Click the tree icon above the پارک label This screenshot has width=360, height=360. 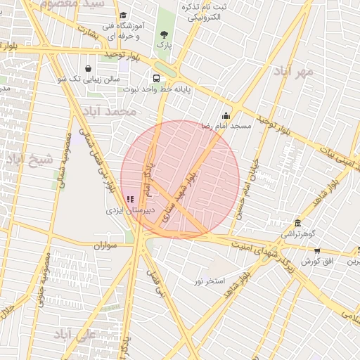[x=164, y=34]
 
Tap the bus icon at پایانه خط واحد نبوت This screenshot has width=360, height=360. [x=155, y=79]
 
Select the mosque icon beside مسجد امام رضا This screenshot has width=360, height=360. [x=226, y=116]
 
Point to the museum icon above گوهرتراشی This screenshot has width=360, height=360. [x=297, y=223]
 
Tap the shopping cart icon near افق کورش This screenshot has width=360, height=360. [x=317, y=251]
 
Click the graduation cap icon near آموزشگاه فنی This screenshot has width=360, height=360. [x=123, y=16]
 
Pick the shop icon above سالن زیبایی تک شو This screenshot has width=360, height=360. [x=88, y=69]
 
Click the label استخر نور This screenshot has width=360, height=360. [x=210, y=281]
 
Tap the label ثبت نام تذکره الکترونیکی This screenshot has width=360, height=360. [x=205, y=11]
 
